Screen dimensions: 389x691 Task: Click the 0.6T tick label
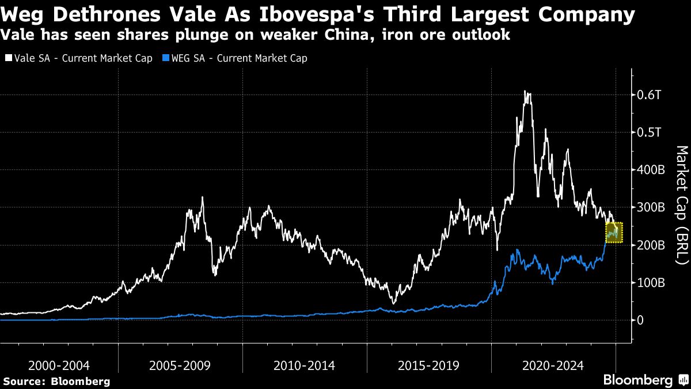pos(649,95)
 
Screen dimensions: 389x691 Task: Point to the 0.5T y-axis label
pos(649,132)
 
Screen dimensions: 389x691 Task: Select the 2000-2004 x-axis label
pos(59,365)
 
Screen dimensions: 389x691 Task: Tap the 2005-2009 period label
pos(180,365)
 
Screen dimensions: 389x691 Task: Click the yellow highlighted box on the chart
pos(614,232)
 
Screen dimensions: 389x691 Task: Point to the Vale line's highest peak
pos(525,91)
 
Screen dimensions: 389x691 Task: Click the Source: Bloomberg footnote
pos(56,381)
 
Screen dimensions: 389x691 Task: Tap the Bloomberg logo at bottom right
pos(645,380)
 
